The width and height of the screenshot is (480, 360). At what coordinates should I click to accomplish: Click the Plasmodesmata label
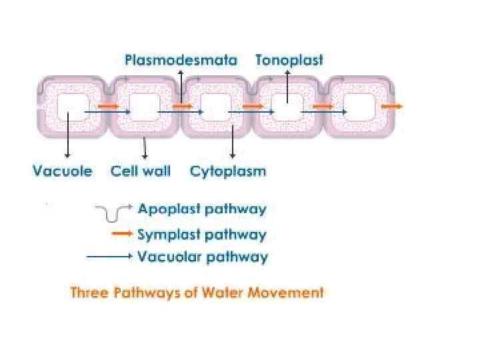[181, 60]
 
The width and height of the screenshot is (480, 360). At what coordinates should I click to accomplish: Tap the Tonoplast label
[289, 60]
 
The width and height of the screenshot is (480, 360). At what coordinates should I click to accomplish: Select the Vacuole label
[63, 171]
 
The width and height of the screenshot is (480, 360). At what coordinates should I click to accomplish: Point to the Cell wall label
[141, 171]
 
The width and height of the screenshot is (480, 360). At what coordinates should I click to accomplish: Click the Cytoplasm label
[228, 171]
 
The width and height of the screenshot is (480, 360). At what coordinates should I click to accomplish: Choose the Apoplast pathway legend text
[202, 209]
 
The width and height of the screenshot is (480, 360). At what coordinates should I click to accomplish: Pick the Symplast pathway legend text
[202, 235]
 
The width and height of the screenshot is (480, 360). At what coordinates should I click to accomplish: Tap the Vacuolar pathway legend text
[203, 257]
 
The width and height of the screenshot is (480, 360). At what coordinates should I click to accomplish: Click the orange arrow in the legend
[122, 234]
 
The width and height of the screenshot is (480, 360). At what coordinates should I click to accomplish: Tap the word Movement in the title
[291, 292]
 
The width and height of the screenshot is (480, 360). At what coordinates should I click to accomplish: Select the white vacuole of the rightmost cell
[360, 107]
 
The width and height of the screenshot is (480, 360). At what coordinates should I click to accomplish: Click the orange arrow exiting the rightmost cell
[393, 106]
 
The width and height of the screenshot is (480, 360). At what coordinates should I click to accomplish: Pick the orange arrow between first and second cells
[108, 106]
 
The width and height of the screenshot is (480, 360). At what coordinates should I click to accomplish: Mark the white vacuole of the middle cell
[215, 107]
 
